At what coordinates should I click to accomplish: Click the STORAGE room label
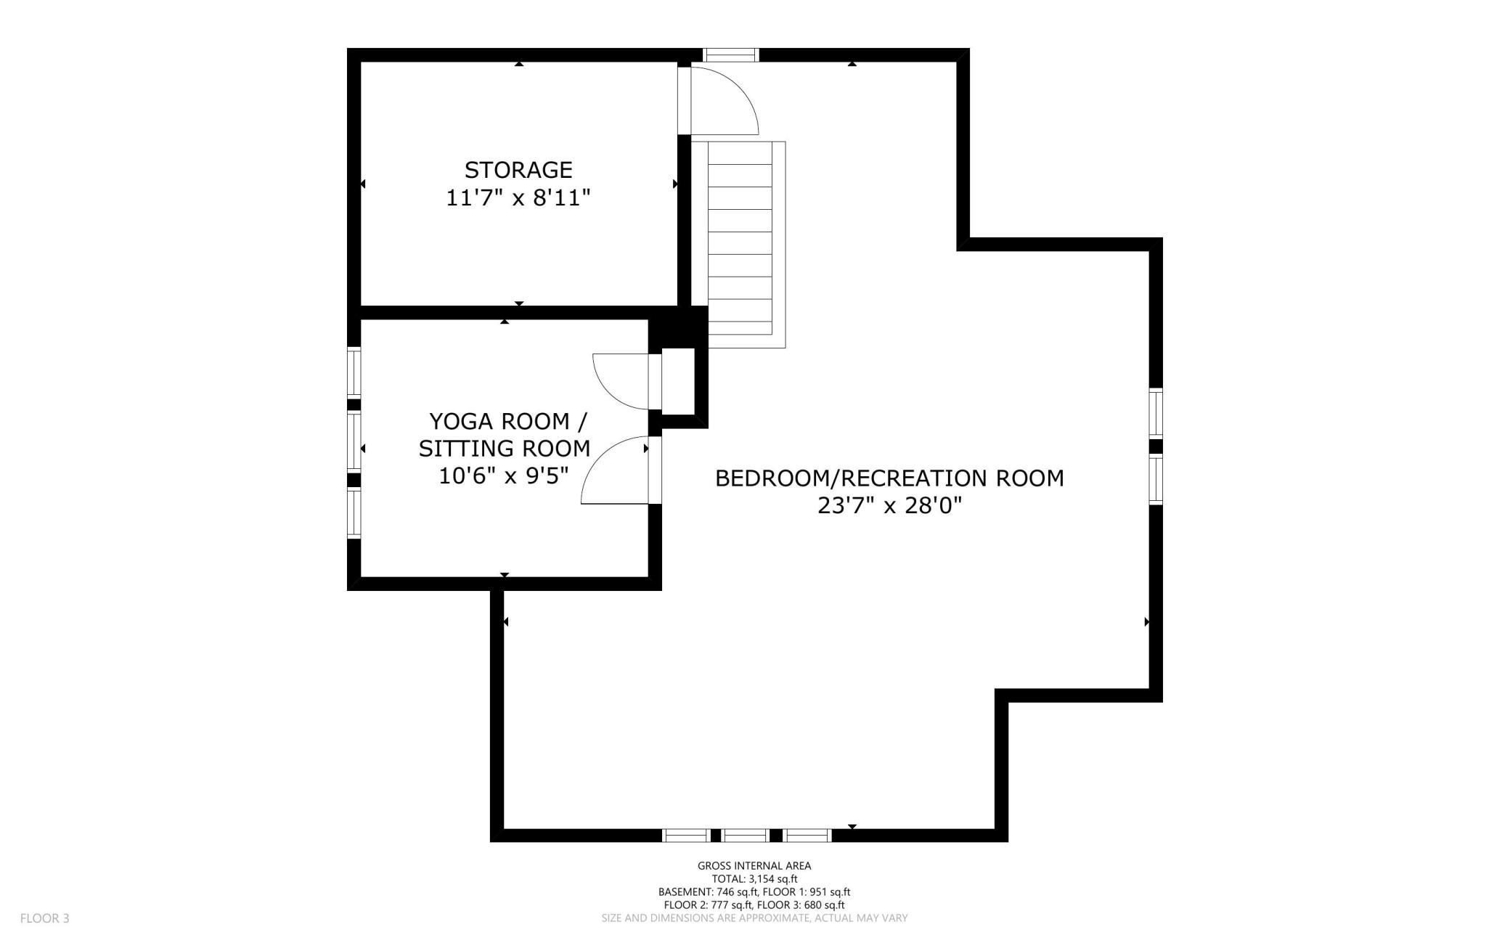[518, 170]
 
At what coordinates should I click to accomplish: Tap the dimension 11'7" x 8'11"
[518, 197]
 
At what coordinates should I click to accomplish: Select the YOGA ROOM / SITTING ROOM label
[505, 434]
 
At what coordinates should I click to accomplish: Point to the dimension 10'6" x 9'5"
[503, 476]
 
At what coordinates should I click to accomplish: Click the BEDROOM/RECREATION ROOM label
[889, 478]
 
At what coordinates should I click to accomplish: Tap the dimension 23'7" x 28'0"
[889, 505]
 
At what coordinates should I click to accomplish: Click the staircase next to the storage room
[739, 243]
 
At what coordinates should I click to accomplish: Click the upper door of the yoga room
[619, 381]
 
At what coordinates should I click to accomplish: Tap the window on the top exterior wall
[731, 54]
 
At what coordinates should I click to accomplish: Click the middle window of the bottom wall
[746, 836]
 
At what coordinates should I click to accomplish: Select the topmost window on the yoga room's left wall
[354, 372]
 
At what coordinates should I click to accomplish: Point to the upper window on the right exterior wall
[1155, 413]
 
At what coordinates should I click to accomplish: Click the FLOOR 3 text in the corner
[44, 918]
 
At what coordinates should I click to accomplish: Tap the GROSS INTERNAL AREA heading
[754, 865]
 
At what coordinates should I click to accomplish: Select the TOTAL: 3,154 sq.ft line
[754, 878]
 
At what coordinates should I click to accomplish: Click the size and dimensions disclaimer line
[754, 918]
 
